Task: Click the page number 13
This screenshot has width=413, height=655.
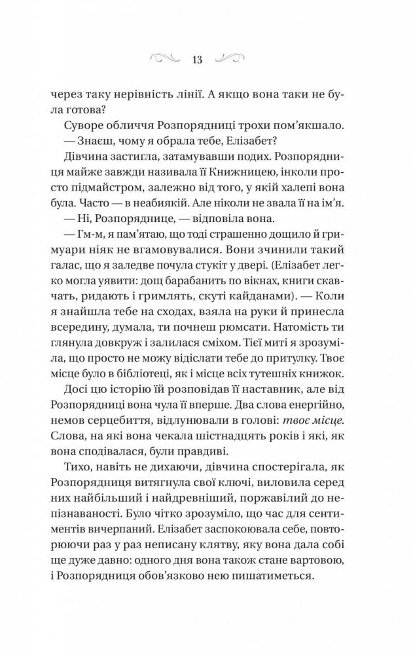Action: (x=197, y=60)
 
